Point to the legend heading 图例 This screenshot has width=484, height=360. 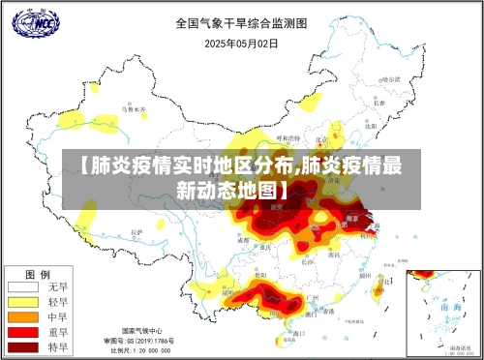(38, 273)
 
